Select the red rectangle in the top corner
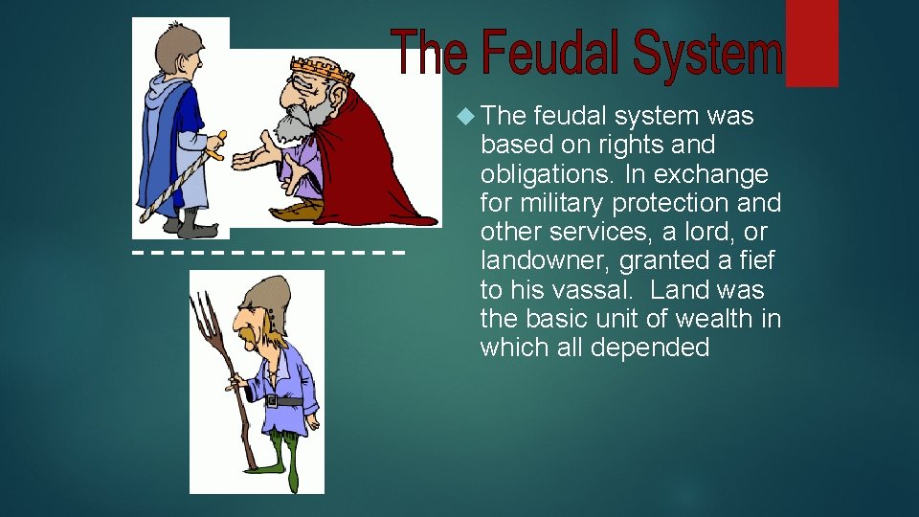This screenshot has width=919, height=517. pyautogui.click(x=812, y=43)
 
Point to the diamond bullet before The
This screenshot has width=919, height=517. pyautogui.click(x=465, y=117)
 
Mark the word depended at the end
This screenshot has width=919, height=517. pyautogui.click(x=650, y=347)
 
